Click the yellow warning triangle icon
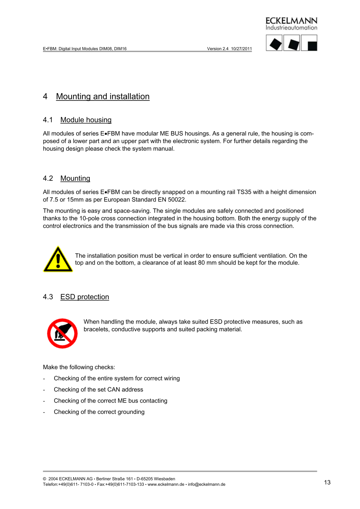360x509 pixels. pyautogui.click(x=58, y=260)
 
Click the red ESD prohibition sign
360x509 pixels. pyautogui.click(x=62, y=333)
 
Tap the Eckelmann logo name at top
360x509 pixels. pyautogui.click(x=291, y=21)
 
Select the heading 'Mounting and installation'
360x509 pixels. pyautogui.click(x=103, y=96)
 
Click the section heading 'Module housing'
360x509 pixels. pyautogui.click(x=86, y=120)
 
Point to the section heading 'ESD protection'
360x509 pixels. pyautogui.click(x=84, y=297)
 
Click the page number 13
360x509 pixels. pyautogui.click(x=327, y=483)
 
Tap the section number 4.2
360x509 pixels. pyautogui.click(x=48, y=178)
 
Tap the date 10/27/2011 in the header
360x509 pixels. pyautogui.click(x=242, y=48)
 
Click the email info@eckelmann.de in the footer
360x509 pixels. pyautogui.click(x=206, y=485)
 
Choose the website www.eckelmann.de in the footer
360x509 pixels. pyautogui.click(x=166, y=485)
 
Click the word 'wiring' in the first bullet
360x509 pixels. pyautogui.click(x=170, y=378)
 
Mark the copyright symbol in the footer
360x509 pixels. pyautogui.click(x=45, y=479)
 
